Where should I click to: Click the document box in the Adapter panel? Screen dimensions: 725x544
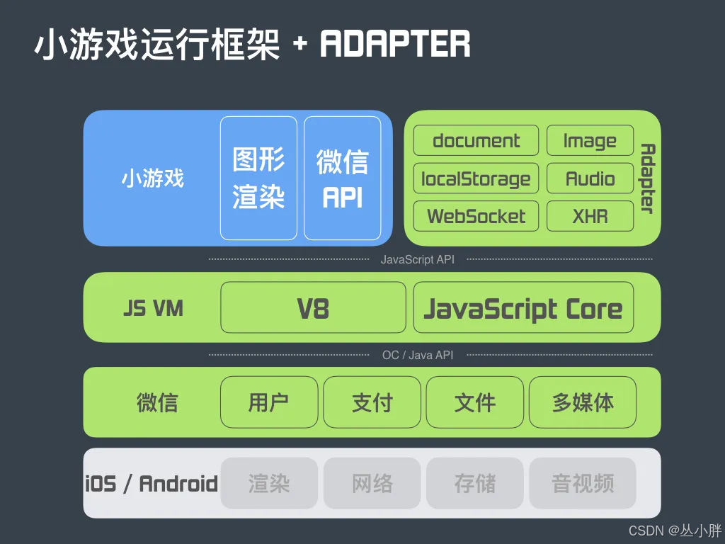click(x=476, y=140)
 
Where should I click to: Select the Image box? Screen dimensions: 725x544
click(x=590, y=140)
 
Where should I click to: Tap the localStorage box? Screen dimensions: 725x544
click(x=476, y=178)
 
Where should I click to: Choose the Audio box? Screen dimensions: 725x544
click(x=590, y=178)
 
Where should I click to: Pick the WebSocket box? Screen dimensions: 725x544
click(x=476, y=216)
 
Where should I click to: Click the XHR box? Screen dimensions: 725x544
click(x=590, y=216)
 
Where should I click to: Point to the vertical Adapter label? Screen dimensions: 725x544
click(x=646, y=178)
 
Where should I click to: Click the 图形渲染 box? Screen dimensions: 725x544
click(x=258, y=178)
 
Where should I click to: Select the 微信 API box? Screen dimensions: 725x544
click(x=343, y=178)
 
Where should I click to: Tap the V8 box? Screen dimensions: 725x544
click(x=313, y=307)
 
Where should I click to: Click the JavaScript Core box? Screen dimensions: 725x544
click(x=523, y=307)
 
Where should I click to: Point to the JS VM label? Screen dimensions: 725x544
click(x=153, y=308)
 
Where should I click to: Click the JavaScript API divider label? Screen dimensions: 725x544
click(x=417, y=259)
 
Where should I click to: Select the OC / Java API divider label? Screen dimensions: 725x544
click(x=417, y=355)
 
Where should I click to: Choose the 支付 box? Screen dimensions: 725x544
click(x=372, y=402)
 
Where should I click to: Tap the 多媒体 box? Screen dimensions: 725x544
click(x=582, y=402)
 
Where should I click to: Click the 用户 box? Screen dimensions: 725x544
click(x=268, y=402)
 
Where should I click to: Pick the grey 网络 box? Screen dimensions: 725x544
click(x=372, y=483)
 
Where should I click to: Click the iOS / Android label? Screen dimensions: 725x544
click(x=152, y=484)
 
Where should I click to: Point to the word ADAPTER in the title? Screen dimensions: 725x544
click(x=395, y=44)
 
